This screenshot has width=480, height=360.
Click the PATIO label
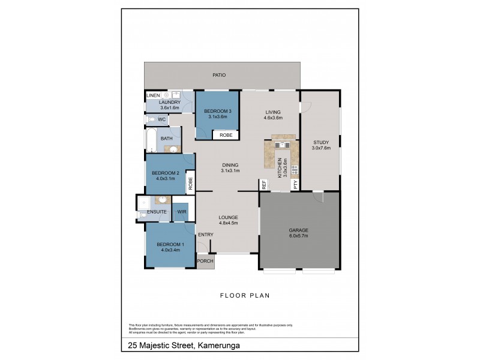(x=219, y=75)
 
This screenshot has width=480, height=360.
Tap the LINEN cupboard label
(x=153, y=95)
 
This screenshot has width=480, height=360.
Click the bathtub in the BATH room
(x=151, y=140)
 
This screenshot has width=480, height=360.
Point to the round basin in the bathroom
(x=173, y=149)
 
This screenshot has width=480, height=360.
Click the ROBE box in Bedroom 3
(x=226, y=136)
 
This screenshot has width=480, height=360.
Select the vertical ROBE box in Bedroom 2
(x=190, y=182)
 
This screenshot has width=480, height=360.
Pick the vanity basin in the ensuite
(x=162, y=200)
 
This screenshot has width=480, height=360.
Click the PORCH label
(x=205, y=261)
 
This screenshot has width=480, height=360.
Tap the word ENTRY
(x=205, y=235)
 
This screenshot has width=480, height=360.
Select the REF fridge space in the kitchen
(x=263, y=185)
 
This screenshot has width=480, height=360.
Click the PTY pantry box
(x=295, y=185)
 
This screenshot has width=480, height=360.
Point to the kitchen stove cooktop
(x=295, y=169)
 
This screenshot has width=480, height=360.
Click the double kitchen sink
(x=281, y=144)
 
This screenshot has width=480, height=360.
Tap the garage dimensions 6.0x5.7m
(x=298, y=236)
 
